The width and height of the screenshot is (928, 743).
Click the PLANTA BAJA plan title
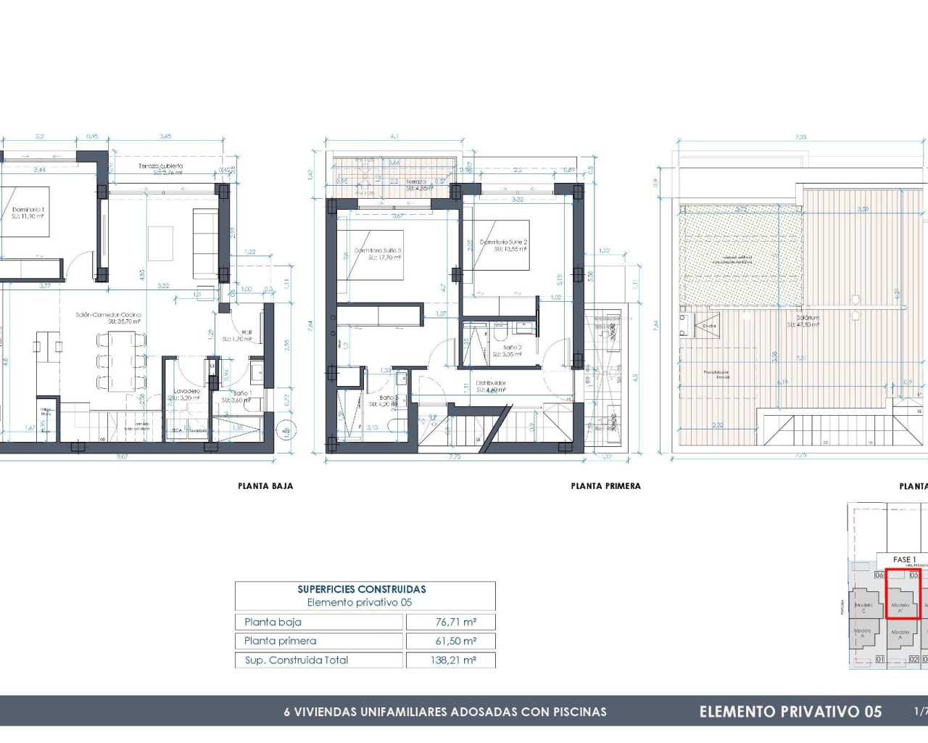click(265, 486)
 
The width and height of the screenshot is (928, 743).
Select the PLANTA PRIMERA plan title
click(605, 486)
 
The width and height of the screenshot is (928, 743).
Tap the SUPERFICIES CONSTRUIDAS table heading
click(361, 589)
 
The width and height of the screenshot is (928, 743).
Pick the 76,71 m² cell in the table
click(455, 622)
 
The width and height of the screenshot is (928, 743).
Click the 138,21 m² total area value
click(455, 660)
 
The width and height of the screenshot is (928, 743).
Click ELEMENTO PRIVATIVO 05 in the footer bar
click(790, 712)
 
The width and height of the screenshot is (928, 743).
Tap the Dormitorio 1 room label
click(28, 210)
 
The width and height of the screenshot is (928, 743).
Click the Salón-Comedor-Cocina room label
click(108, 315)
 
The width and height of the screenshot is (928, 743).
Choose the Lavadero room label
click(186, 392)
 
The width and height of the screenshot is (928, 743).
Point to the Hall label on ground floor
click(246, 332)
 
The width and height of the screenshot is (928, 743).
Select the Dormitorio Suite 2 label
click(503, 242)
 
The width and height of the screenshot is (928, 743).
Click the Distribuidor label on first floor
click(491, 383)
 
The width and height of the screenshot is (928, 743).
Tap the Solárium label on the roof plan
click(808, 318)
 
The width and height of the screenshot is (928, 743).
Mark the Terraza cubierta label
click(160, 166)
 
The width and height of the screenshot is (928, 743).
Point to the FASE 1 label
click(904, 559)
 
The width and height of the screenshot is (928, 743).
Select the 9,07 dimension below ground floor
click(122, 456)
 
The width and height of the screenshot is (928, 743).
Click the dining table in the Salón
click(121, 361)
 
